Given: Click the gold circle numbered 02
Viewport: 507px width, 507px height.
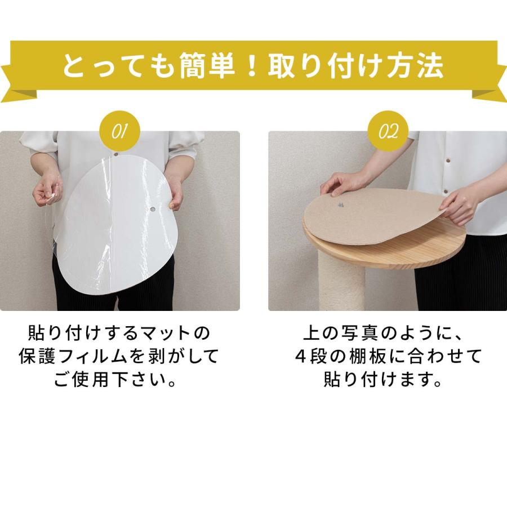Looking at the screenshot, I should click(x=388, y=132).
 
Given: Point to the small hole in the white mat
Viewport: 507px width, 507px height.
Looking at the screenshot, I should click(x=153, y=210).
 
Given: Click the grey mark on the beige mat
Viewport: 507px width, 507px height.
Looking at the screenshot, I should click(x=341, y=205).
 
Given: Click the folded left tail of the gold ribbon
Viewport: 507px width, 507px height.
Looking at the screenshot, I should click(x=17, y=84).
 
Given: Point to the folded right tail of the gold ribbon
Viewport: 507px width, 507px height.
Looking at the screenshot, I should click(x=490, y=84).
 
